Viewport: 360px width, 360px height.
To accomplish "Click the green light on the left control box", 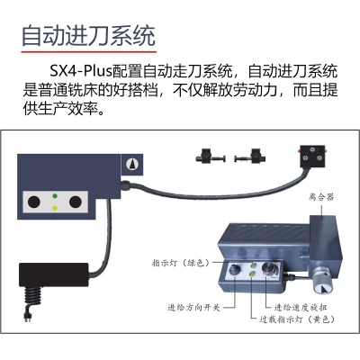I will (x=57, y=196).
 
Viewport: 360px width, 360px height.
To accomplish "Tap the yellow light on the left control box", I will (x=57, y=209).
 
